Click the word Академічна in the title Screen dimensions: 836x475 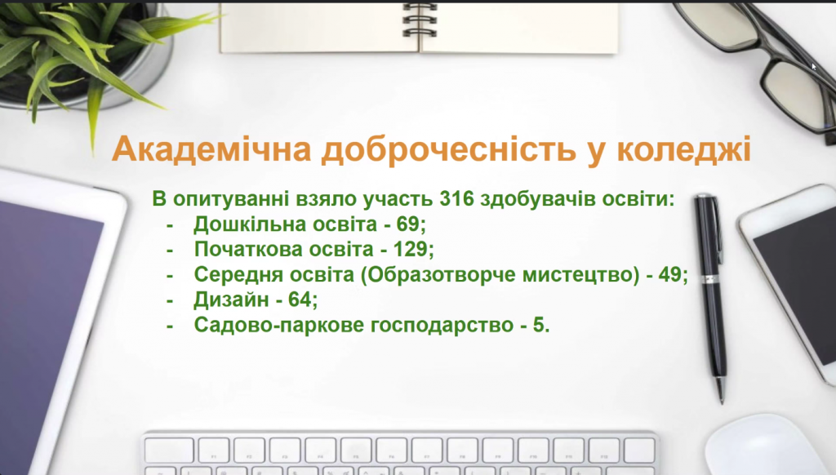click(211, 149)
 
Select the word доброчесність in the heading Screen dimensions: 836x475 click(448, 150)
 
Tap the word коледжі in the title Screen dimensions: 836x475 click(684, 150)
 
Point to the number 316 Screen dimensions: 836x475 click(457, 199)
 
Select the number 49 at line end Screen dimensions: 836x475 click(670, 274)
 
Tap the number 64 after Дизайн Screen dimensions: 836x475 click(300, 300)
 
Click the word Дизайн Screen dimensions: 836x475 click(230, 300)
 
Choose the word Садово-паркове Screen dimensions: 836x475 click(278, 325)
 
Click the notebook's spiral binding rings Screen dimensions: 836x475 click(420, 20)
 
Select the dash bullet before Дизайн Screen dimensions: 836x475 click(170, 300)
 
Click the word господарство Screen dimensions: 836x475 click(442, 326)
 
